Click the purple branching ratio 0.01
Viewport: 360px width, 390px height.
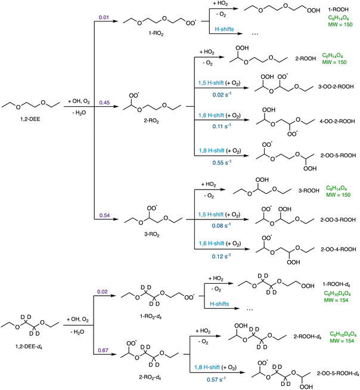[104, 17]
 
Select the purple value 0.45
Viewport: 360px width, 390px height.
[104, 103]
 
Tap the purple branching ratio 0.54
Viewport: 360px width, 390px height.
[104, 215]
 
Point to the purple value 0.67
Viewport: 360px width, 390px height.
[103, 350]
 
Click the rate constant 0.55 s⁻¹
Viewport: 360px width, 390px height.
[222, 162]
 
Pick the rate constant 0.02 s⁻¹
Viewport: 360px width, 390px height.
[222, 94]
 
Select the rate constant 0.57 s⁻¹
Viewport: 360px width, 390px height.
[216, 379]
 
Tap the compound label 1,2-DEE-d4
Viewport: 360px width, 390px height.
[29, 346]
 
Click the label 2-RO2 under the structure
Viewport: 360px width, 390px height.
[151, 121]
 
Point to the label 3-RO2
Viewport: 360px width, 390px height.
[151, 234]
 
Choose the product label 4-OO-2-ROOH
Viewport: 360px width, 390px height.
[337, 122]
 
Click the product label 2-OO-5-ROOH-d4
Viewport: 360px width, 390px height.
[338, 373]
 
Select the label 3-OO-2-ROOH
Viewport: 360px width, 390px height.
[336, 87]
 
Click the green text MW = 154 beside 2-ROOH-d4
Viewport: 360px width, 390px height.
[342, 341]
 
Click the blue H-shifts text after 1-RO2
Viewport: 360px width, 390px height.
[224, 29]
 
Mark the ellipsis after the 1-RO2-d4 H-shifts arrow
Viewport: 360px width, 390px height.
[250, 309]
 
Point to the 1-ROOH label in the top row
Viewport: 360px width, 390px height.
[339, 10]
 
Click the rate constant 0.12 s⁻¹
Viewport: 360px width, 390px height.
[221, 256]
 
